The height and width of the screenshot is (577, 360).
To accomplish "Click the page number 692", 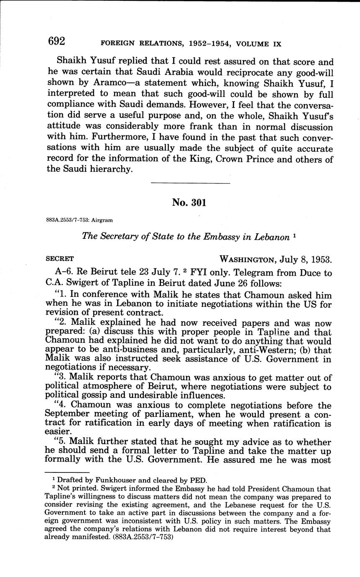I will (56, 41).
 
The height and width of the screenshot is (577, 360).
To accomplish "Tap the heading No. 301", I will (189, 203).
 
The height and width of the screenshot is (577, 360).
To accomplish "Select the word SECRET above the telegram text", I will (59, 259).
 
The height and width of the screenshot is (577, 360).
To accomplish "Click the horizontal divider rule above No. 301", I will (190, 184).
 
